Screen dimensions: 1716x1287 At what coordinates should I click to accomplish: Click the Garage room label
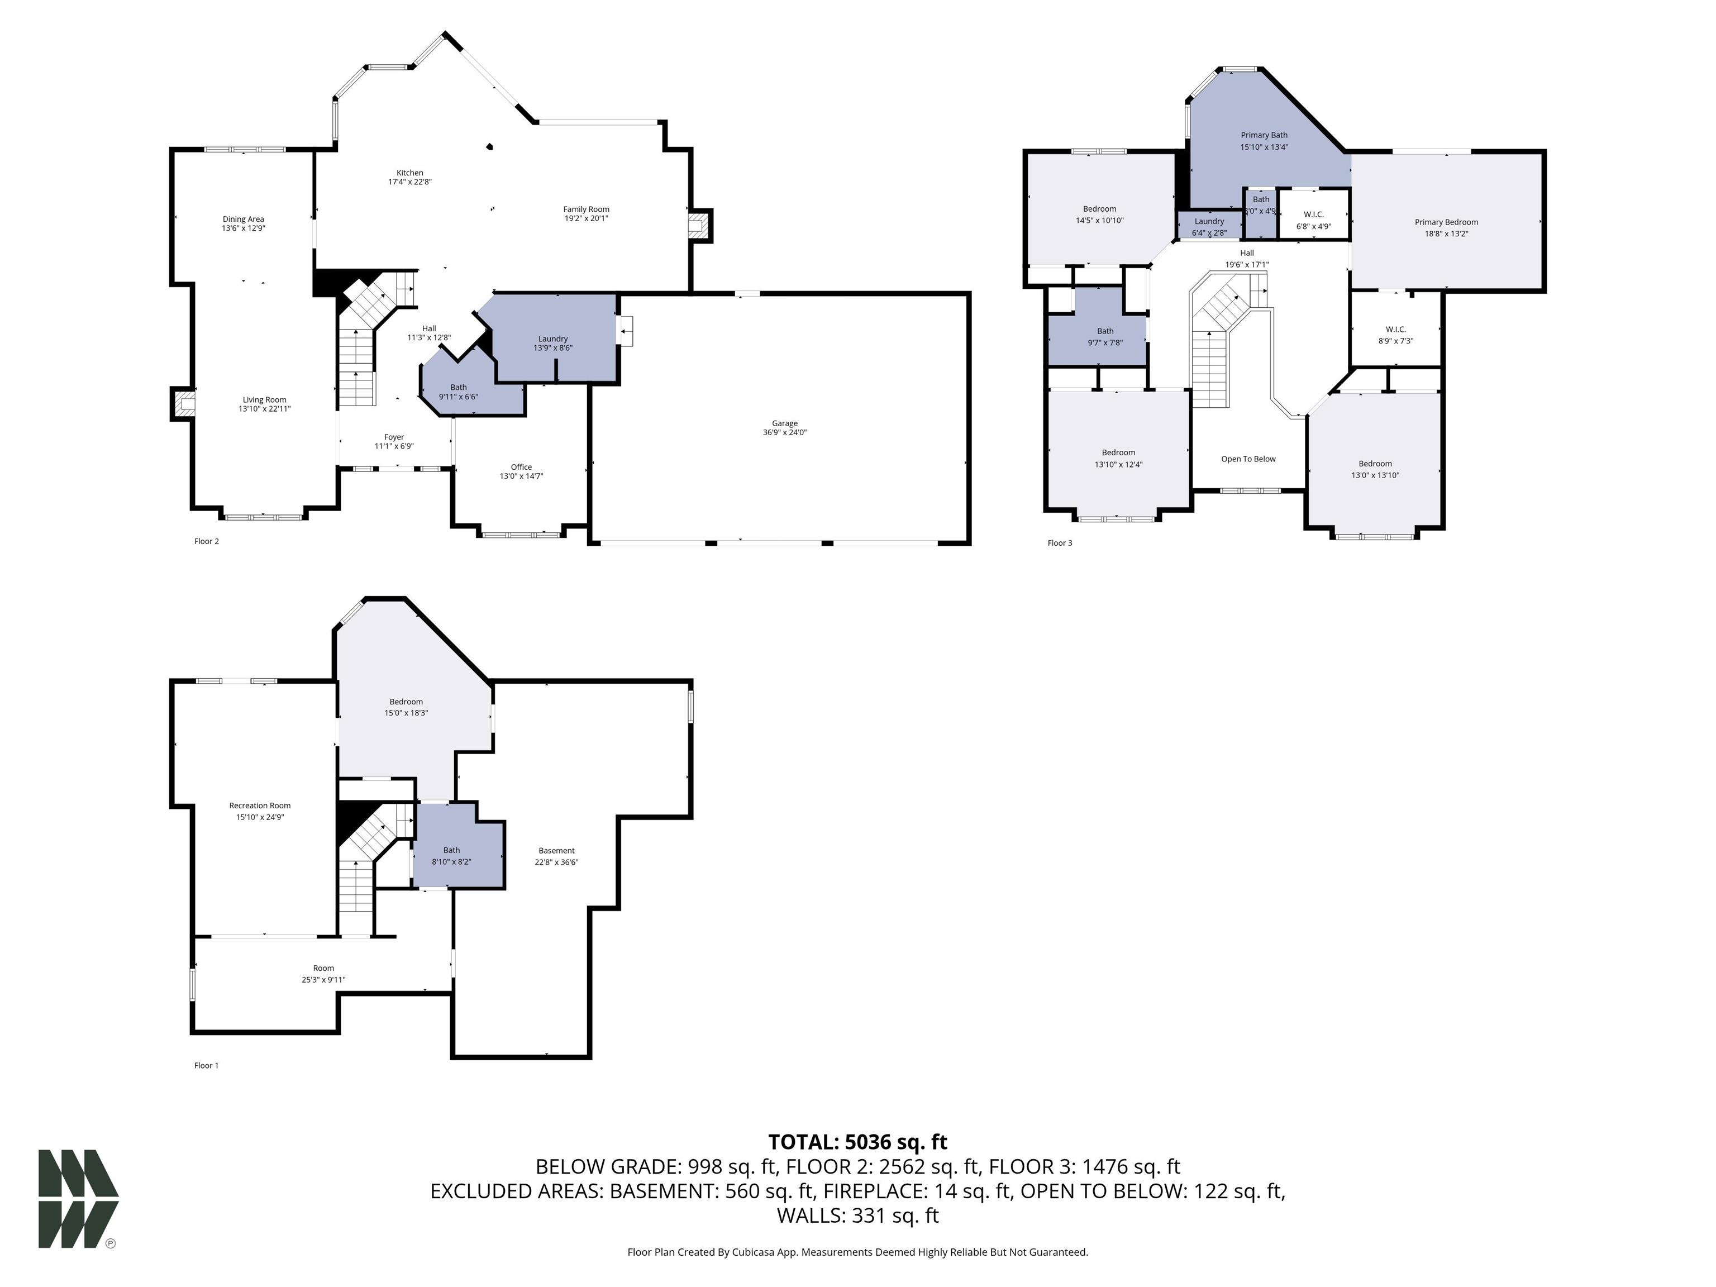784,423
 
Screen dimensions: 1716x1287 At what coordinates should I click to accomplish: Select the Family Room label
586,209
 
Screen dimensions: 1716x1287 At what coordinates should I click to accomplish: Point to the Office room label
521,467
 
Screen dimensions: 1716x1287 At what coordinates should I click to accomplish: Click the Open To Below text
1248,459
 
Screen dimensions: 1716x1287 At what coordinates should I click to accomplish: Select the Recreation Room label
260,806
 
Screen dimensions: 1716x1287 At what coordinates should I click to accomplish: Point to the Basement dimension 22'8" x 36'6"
556,862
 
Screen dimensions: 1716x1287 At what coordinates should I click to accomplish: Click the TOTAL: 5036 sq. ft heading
857,1142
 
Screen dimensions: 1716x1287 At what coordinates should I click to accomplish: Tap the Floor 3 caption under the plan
1060,543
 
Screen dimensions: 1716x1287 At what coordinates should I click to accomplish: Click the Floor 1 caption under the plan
206,1066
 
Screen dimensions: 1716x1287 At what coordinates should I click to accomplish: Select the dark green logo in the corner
78,1199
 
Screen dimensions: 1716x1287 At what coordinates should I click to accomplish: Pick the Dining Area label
244,220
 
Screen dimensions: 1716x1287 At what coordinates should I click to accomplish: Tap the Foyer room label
394,437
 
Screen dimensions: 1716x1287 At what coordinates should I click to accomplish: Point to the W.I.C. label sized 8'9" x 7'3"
1395,335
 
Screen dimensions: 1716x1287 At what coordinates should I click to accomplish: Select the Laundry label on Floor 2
553,339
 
